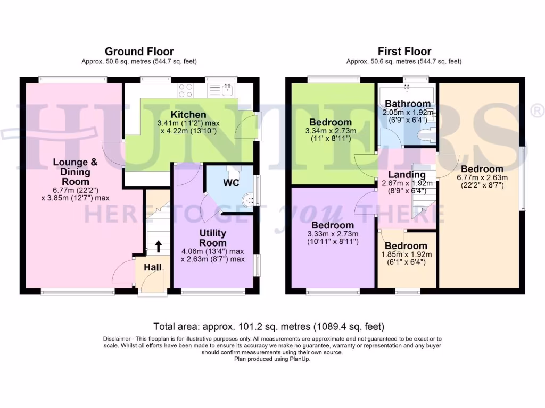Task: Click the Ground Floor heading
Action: coord(139,52)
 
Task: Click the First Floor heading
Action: coord(404,52)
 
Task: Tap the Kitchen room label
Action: coord(188,115)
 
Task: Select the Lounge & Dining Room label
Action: coord(75,172)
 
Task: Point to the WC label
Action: coord(232,183)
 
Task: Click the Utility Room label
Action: coord(213,237)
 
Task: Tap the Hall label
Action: coord(153,267)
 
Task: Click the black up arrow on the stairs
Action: coord(158,246)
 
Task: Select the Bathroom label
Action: coord(408,104)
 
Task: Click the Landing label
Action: coord(407,174)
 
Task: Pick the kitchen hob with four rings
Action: coord(186,90)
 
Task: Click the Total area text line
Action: coord(269,327)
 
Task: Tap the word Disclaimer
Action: coord(117,338)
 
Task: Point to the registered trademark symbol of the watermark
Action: coord(538,110)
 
